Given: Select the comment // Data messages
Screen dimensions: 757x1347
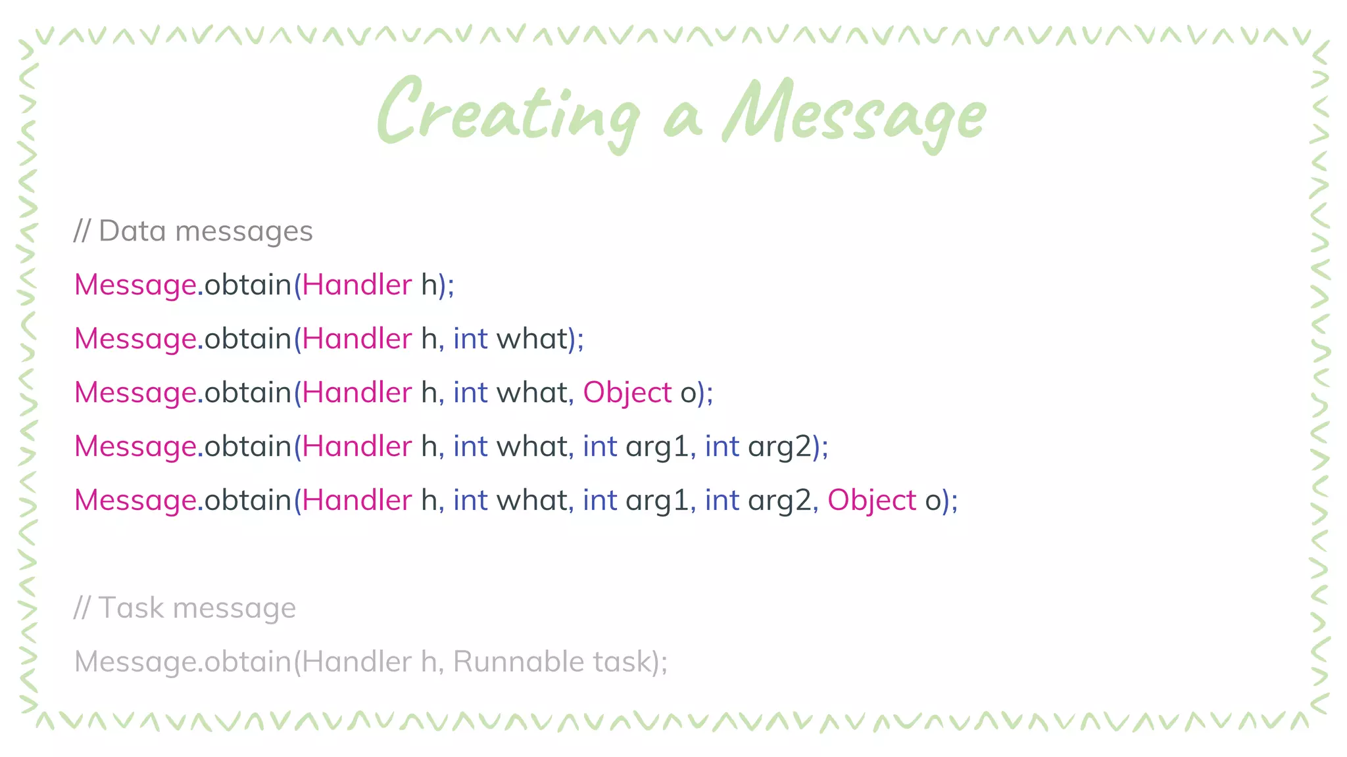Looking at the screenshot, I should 193,231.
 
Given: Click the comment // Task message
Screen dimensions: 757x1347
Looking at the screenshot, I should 184,608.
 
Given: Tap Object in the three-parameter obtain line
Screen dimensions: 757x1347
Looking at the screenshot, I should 627,393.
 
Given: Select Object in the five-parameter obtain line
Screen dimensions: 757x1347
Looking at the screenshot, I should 871,501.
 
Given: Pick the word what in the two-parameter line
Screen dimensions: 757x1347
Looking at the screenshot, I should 531,339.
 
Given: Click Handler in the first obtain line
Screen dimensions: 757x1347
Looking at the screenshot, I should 356,285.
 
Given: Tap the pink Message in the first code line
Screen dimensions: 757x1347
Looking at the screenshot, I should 135,285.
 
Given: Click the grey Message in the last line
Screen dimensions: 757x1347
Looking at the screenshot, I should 135,662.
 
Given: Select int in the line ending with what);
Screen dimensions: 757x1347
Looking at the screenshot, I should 470,339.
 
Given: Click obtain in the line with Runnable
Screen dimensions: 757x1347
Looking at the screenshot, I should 247,662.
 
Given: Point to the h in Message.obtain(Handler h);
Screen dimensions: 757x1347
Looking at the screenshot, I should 429,285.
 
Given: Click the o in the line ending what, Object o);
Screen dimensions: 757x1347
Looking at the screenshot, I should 688,393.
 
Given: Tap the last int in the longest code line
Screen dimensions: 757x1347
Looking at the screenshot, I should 722,501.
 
